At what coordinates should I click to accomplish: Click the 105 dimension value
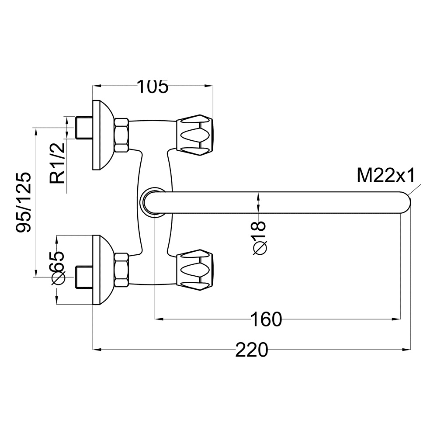pyautogui.click(x=153, y=87)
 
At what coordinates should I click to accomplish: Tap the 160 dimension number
pyautogui.click(x=266, y=319)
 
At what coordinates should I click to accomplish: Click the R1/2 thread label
pyautogui.click(x=57, y=163)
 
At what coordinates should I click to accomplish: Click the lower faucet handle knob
pyautogui.click(x=195, y=270)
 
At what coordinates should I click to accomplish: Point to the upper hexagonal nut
pyautogui.click(x=121, y=135)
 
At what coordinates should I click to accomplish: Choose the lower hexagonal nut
pyautogui.click(x=121, y=270)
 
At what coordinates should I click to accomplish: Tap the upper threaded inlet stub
pyautogui.click(x=84, y=128)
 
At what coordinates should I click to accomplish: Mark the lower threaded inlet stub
pyautogui.click(x=84, y=277)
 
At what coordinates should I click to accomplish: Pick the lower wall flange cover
pyautogui.click(x=103, y=270)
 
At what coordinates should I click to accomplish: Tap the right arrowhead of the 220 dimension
pyautogui.click(x=407, y=349)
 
